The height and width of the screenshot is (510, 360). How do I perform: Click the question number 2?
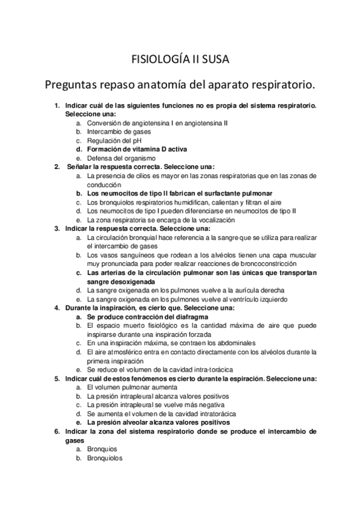coord(56,167)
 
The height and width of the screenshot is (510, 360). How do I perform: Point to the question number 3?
coord(56,229)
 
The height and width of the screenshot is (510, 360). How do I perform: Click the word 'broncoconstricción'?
coord(262,264)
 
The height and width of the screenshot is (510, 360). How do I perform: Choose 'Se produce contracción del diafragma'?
coord(139,317)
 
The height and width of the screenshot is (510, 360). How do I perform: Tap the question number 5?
coord(56,379)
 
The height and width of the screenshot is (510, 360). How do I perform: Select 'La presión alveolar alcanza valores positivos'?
coord(152,423)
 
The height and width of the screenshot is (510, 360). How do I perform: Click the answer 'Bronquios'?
coord(102,449)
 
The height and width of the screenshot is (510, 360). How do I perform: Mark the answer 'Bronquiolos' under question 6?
coord(105,458)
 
